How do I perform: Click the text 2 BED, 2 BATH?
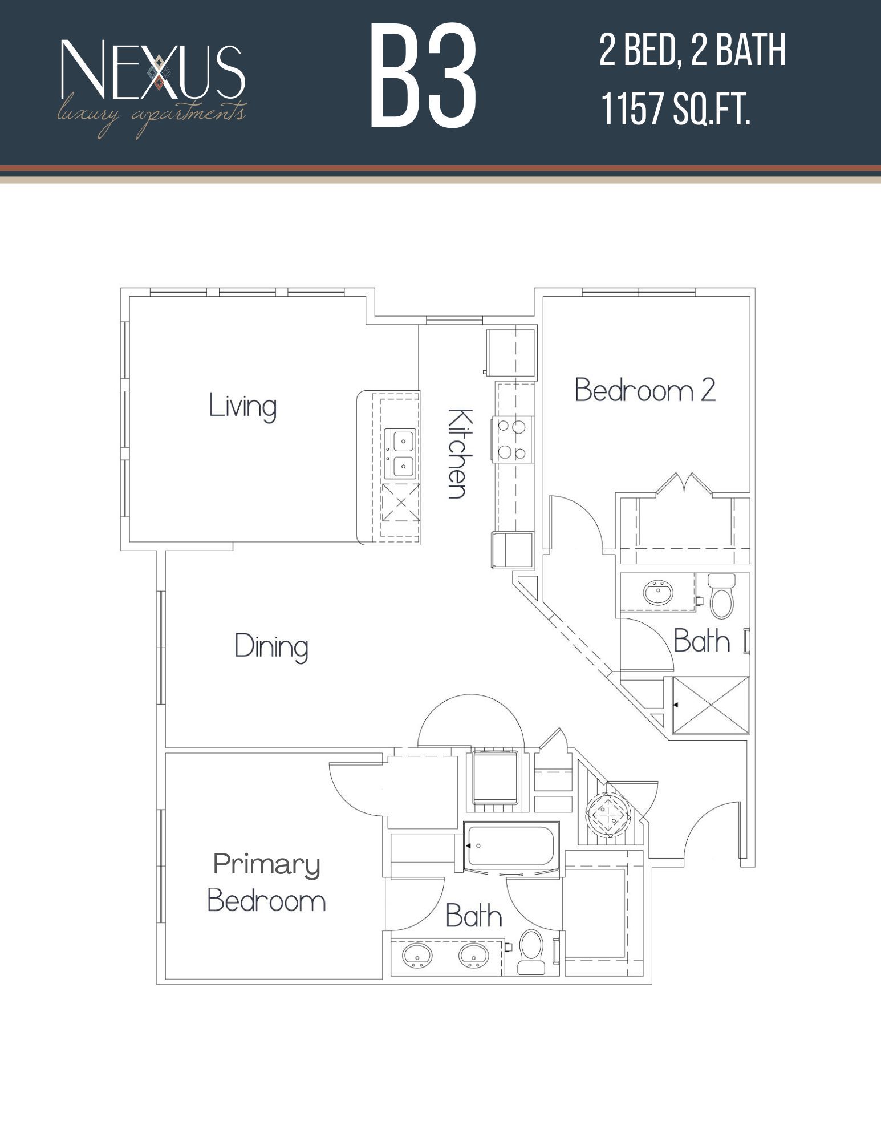[x=692, y=51]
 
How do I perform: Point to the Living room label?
[x=242, y=406]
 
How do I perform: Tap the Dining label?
[x=271, y=647]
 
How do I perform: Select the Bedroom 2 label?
[x=645, y=391]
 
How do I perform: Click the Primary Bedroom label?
[x=266, y=883]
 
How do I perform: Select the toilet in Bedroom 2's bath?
[x=721, y=598]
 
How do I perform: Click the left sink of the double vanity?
[x=417, y=955]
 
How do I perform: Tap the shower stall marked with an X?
[x=711, y=705]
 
